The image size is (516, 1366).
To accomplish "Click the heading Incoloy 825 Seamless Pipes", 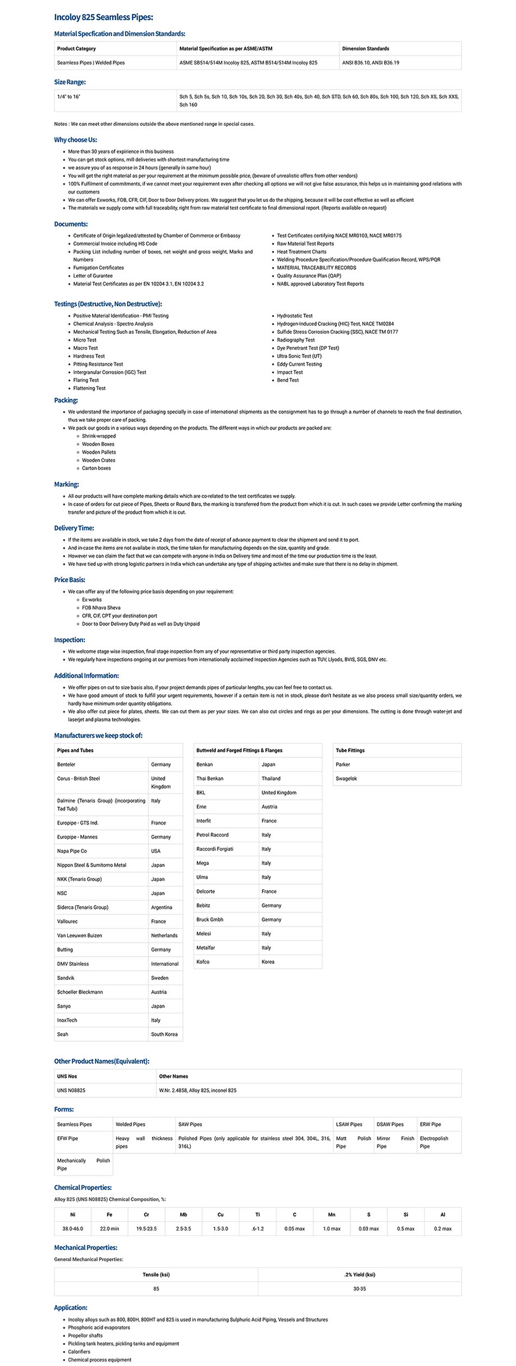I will pyautogui.click(x=103, y=17).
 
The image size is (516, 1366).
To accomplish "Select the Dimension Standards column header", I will pyautogui.click(x=365, y=49).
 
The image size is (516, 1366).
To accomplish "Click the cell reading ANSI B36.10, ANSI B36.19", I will pyautogui.click(x=370, y=63).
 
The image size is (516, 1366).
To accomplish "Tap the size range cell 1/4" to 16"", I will pyautogui.click(x=68, y=96).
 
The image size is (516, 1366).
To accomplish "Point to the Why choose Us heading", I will pyautogui.click(x=75, y=140).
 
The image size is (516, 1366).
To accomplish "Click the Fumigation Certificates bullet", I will pyautogui.click(x=98, y=268).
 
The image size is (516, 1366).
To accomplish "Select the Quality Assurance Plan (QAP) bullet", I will pyautogui.click(x=308, y=275).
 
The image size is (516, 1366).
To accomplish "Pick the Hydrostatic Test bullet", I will pyautogui.click(x=294, y=316).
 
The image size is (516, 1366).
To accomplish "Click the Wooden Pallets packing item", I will pyautogui.click(x=99, y=452).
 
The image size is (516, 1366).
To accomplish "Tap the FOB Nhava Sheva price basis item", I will pyautogui.click(x=101, y=608).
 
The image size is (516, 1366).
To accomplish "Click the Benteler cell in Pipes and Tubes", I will pyautogui.click(x=66, y=765).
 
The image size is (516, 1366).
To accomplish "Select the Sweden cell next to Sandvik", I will pyautogui.click(x=159, y=978).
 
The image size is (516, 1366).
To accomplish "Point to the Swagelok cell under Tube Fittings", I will pyautogui.click(x=346, y=779).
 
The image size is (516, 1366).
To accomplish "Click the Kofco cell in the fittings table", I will pyautogui.click(x=202, y=962).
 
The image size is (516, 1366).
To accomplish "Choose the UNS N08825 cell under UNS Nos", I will pyautogui.click(x=71, y=1090).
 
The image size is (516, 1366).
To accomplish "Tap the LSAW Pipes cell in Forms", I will pyautogui.click(x=349, y=1124).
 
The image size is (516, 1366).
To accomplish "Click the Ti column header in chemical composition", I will pyautogui.click(x=257, y=1215).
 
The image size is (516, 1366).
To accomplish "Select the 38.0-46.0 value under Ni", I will pyautogui.click(x=72, y=1229).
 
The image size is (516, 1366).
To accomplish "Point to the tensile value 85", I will pyautogui.click(x=156, y=1289).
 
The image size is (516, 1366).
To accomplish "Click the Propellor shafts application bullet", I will pyautogui.click(x=85, y=1335).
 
